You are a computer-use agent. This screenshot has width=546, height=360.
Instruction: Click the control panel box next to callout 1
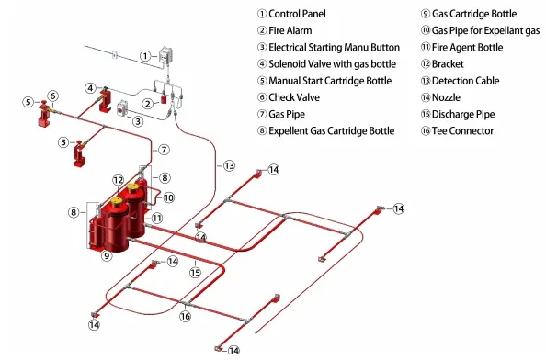tap(165, 55)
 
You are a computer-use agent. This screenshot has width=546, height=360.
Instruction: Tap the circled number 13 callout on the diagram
tap(229, 165)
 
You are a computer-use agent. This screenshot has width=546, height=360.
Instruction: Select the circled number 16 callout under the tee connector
tap(186, 316)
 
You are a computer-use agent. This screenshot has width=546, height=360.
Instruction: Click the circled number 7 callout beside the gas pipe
tap(164, 150)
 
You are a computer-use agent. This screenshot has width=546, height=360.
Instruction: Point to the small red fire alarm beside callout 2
tap(164, 99)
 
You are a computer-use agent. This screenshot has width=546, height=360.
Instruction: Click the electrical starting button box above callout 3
tap(122, 108)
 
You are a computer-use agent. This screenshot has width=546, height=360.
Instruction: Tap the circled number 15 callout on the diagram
tap(196, 273)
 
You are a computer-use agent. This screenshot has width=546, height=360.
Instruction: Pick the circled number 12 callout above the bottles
tap(119, 180)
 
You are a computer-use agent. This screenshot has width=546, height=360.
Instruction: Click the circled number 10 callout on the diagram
tap(168, 197)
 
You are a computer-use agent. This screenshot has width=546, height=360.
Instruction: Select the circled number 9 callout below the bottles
tap(107, 256)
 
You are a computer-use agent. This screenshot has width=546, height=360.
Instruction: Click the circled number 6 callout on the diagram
tap(53, 96)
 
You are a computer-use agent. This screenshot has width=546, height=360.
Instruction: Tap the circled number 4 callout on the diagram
tap(90, 88)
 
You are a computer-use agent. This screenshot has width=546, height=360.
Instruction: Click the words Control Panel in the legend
tap(297, 14)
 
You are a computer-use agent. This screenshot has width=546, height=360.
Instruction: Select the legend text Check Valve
tap(294, 97)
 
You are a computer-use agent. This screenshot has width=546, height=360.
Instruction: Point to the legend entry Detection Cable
tap(465, 81)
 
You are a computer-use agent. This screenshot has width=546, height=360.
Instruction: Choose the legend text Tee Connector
tap(462, 130)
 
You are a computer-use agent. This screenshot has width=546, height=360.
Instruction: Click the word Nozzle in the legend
tap(446, 97)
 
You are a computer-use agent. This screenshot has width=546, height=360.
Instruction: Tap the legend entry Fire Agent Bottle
tap(467, 48)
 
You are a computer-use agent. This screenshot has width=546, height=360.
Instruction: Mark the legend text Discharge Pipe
tap(463, 114)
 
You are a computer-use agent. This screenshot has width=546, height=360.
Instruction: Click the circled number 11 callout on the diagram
tap(156, 218)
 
